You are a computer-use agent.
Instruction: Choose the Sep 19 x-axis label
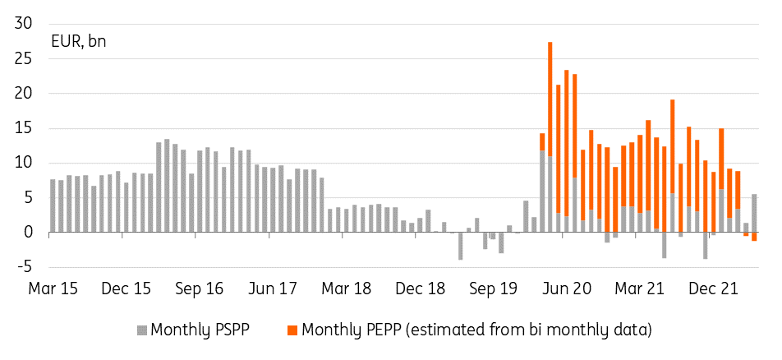tap(494, 289)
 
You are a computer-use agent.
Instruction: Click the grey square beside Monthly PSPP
tap(141, 331)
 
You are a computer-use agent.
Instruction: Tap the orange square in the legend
tap(292, 331)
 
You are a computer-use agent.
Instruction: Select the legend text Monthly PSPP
tap(200, 330)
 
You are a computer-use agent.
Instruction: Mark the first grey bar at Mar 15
tap(53, 205)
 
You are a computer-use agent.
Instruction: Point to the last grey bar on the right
tap(754, 213)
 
